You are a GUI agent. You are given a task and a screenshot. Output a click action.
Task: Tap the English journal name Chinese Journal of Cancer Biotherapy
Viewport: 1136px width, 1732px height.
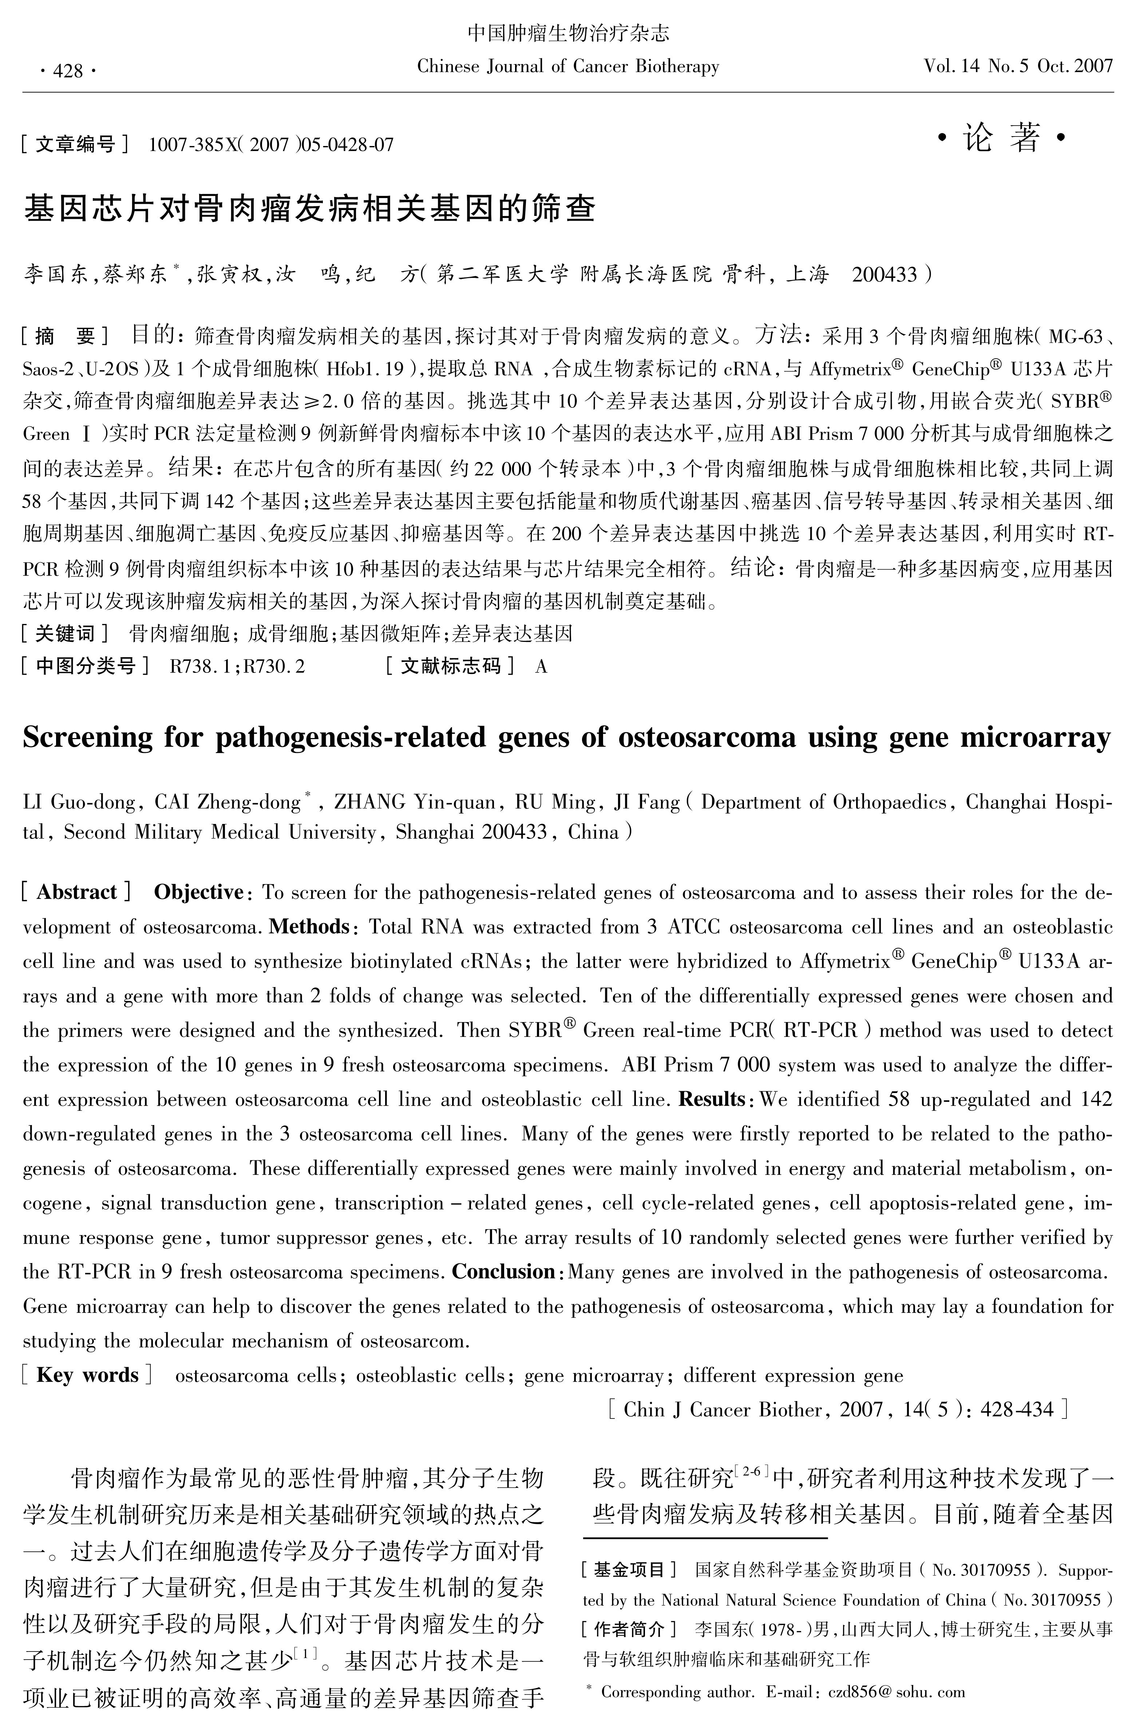point(568,67)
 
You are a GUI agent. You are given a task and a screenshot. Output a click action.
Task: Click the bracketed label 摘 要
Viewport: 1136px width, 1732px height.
point(66,336)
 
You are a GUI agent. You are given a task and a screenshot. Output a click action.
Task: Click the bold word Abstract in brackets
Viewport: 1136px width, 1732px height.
point(76,892)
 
